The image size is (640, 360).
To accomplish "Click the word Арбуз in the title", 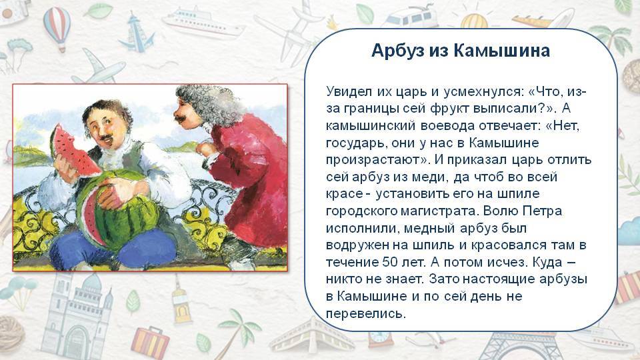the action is point(397,51).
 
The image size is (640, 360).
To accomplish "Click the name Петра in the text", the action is point(543,211).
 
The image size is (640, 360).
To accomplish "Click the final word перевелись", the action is point(366,313).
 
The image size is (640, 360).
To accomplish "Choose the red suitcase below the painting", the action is point(150,342).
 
